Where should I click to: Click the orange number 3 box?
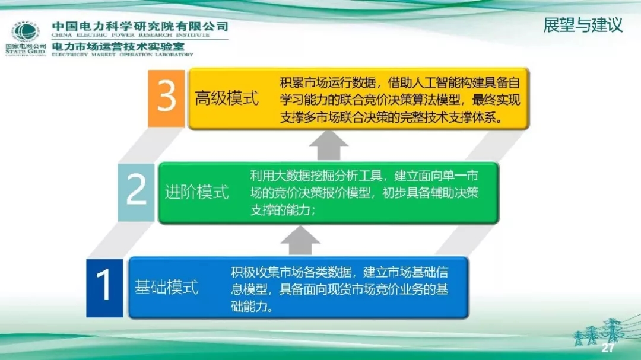pos(167,97)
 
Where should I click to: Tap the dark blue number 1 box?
pos(104,286)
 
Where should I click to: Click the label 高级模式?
pos(227,98)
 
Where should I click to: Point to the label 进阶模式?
pos(197,193)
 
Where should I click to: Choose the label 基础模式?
pos(167,288)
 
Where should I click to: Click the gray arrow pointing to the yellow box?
pos(329,145)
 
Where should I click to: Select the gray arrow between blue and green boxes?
pos(300,240)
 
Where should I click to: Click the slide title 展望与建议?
pos(583,26)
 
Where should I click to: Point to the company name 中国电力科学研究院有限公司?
pos(140,26)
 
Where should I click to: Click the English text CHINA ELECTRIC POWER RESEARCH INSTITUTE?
pos(131,36)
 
